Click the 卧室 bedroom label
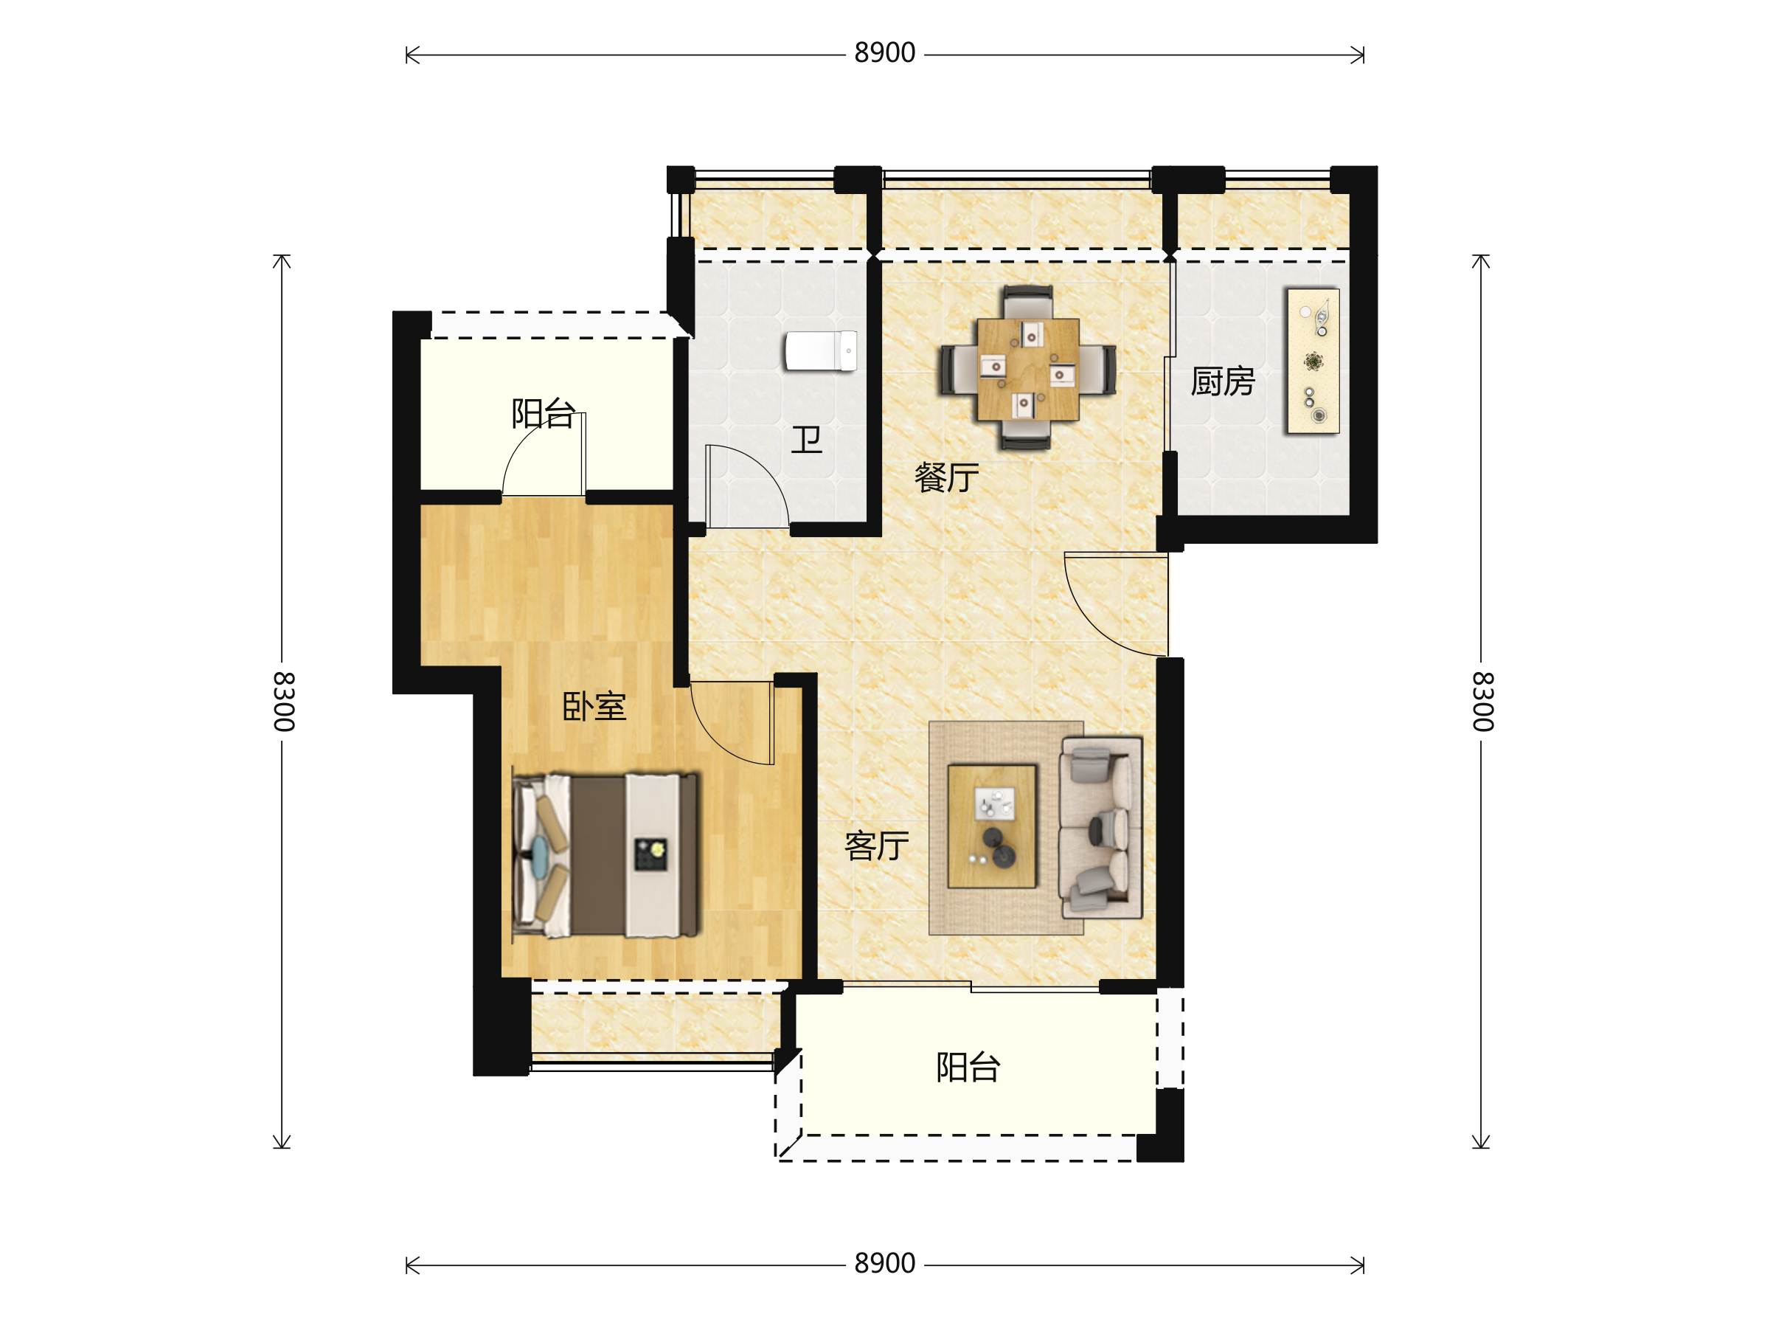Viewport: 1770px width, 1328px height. pyautogui.click(x=594, y=706)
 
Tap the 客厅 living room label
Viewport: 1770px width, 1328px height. pyautogui.click(x=877, y=845)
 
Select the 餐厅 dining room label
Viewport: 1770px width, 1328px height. pyautogui.click(x=947, y=477)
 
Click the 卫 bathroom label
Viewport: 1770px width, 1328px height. pyautogui.click(x=806, y=440)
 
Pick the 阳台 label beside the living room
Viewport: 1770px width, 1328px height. pyautogui.click(x=968, y=1067)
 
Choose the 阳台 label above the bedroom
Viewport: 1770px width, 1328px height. pyautogui.click(x=544, y=413)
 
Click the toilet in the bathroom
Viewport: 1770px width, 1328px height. pyautogui.click(x=821, y=350)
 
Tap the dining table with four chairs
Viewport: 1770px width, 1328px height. pyautogui.click(x=1028, y=368)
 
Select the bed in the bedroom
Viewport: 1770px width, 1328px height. pyautogui.click(x=605, y=855)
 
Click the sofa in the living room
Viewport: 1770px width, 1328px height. pyautogui.click(x=1101, y=828)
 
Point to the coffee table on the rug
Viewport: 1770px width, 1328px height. pyautogui.click(x=992, y=827)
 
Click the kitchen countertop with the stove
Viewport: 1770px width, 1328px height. pyautogui.click(x=1313, y=362)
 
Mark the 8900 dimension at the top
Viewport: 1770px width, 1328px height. pyautogui.click(x=885, y=53)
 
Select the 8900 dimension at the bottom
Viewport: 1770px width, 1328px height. pyautogui.click(x=885, y=1263)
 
